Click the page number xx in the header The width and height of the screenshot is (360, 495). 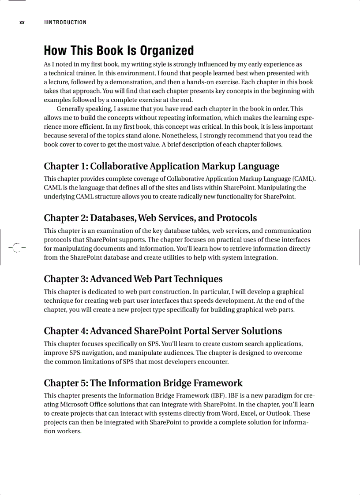[x=22, y=22]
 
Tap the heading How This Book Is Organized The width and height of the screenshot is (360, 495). [x=119, y=50]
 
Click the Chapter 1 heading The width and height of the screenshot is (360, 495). [x=161, y=166]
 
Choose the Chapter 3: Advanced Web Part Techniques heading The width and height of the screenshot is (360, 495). [x=133, y=279]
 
